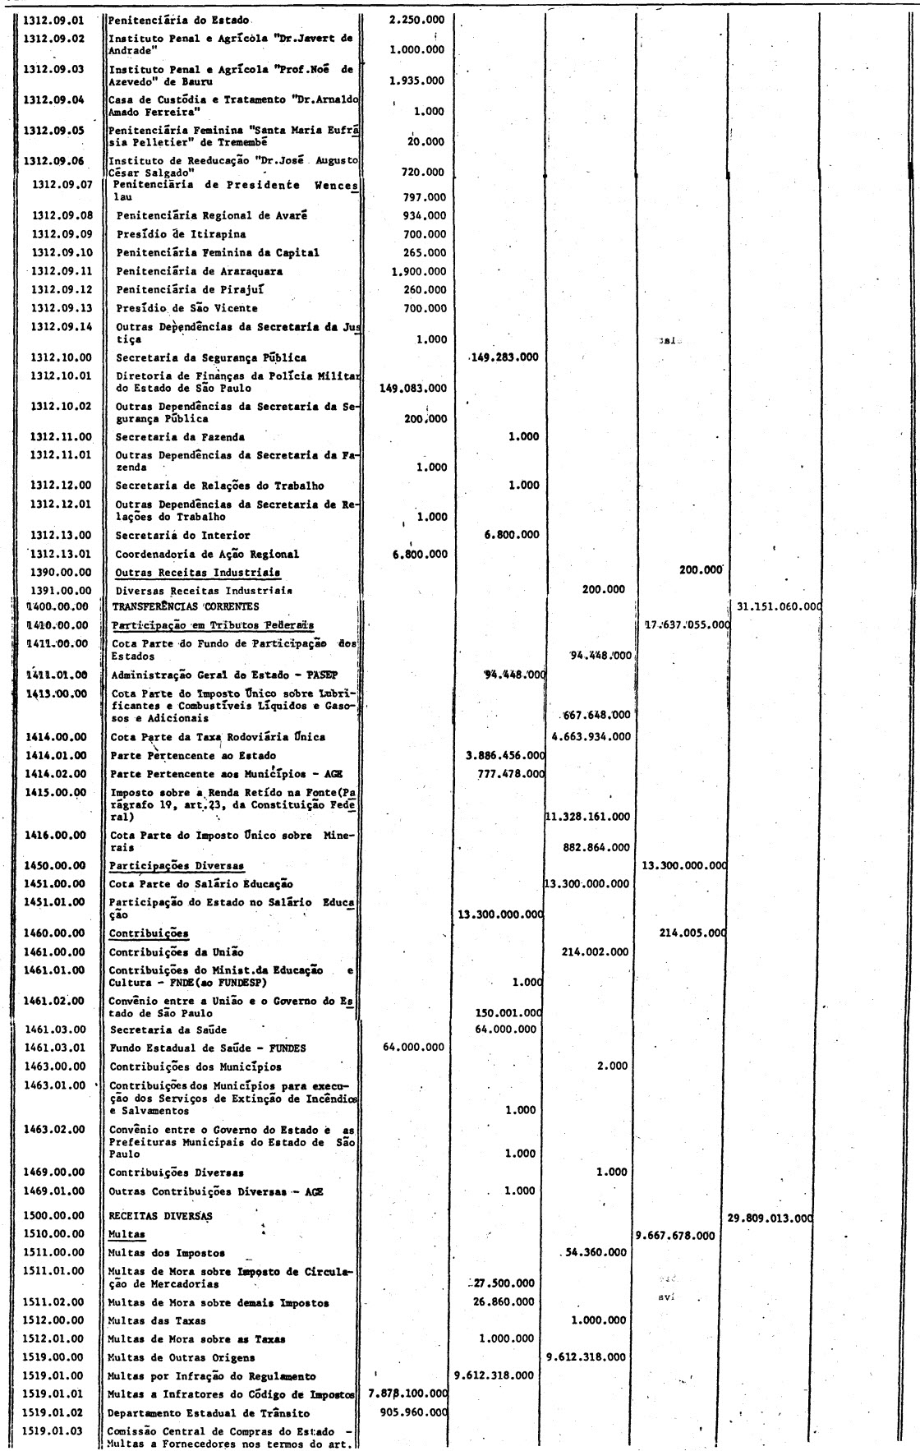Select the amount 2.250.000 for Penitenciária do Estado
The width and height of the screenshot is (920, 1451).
(417, 19)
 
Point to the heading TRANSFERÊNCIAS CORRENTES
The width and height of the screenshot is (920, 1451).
(185, 607)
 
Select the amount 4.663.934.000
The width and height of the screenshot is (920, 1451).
(591, 736)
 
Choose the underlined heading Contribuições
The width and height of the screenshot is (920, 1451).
(149, 933)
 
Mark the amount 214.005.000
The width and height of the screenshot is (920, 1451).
(694, 933)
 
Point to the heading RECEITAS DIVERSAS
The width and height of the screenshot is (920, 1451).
(160, 1215)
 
